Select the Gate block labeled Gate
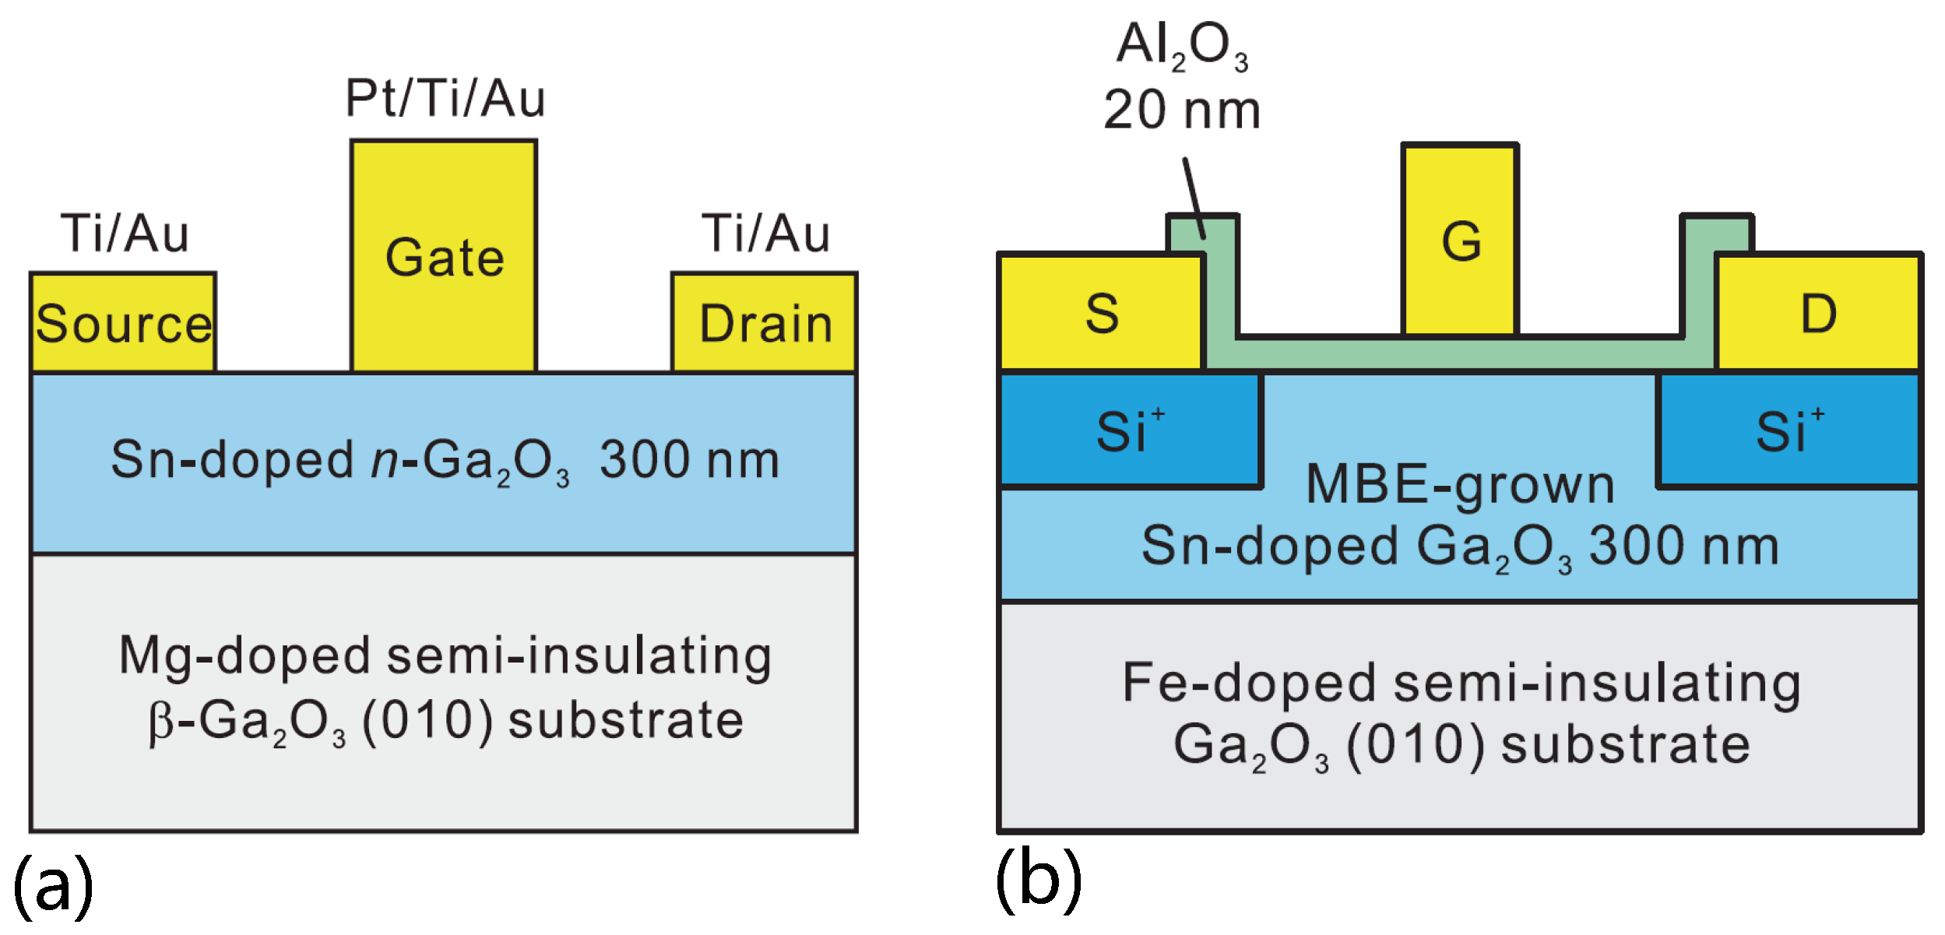tap(444, 256)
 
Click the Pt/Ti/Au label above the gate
tap(445, 99)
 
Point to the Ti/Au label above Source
tap(125, 234)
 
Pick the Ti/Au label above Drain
tap(766, 234)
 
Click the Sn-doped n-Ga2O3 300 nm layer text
tap(445, 461)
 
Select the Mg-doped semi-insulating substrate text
tap(445, 688)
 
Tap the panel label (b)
tap(1039, 881)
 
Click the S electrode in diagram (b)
tap(1102, 311)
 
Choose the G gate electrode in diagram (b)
tap(1461, 240)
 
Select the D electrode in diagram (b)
tap(1819, 311)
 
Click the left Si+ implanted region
tap(1131, 431)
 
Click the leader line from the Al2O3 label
tap(1194, 198)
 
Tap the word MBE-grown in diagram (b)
tap(1461, 486)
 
